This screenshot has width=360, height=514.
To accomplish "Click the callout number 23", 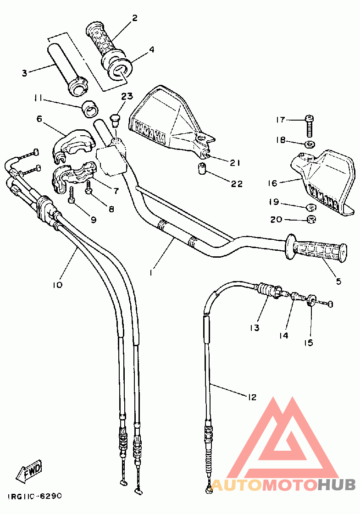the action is (x=127, y=96).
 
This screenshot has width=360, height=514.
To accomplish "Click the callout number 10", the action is (x=57, y=285).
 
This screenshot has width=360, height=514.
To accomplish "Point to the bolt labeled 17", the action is (x=309, y=126).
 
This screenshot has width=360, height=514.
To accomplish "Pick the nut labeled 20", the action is (x=310, y=219).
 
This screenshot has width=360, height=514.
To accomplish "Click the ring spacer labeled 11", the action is (x=89, y=109).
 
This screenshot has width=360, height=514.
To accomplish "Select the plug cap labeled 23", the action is (x=115, y=120).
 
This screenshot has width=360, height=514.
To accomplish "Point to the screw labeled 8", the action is (x=88, y=188).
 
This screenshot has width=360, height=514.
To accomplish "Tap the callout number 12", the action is (x=251, y=397).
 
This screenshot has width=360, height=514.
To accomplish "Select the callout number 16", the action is (x=273, y=183).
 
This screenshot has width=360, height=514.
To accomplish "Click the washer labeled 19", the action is (x=311, y=207).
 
